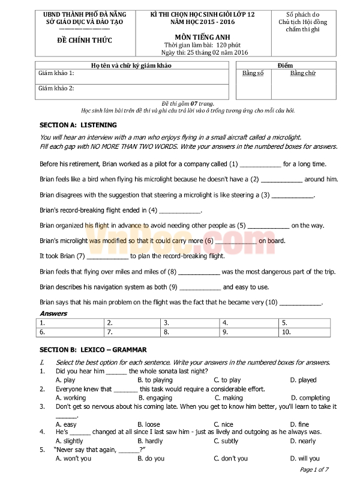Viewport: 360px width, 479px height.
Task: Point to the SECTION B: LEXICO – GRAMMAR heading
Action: click(x=92, y=349)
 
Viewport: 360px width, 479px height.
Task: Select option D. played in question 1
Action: click(x=303, y=380)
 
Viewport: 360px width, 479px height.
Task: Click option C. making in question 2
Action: click(x=229, y=397)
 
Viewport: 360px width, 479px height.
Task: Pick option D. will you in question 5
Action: click(x=305, y=459)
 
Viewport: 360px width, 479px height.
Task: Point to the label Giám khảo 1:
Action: click(x=56, y=73)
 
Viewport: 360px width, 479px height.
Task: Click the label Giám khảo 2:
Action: click(x=56, y=89)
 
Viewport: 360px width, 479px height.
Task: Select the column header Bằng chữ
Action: click(x=302, y=73)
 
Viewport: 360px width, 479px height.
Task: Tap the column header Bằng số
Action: click(x=253, y=73)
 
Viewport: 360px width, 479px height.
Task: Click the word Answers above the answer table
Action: click(x=53, y=313)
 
